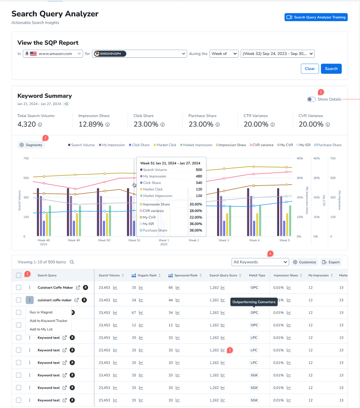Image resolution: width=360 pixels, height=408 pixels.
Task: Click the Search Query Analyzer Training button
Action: [x=316, y=17]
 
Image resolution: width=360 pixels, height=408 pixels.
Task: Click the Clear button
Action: [x=309, y=68]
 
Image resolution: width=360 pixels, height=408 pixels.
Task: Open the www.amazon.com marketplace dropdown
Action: [x=53, y=53]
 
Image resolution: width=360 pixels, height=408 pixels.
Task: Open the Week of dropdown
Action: [x=224, y=53]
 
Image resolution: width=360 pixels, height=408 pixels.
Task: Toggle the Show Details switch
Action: [x=311, y=99]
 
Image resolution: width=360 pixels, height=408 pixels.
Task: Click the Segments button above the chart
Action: [x=31, y=145]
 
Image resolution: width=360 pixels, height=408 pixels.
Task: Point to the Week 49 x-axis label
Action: [x=74, y=240]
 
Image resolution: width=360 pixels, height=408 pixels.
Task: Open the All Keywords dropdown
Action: [x=260, y=262]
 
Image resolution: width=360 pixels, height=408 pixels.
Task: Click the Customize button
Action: [x=305, y=262]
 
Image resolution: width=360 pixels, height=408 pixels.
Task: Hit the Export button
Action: [x=331, y=262]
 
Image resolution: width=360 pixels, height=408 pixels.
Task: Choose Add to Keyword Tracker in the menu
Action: [x=48, y=320]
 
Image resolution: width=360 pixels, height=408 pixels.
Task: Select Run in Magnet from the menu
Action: [x=41, y=312]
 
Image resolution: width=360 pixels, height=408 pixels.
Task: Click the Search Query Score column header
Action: [x=223, y=276]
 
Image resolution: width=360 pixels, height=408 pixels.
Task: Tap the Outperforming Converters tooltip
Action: [x=254, y=302]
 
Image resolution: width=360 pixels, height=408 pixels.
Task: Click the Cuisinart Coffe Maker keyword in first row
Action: [x=55, y=288]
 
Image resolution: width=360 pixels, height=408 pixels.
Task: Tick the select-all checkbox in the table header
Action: [x=19, y=276]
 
